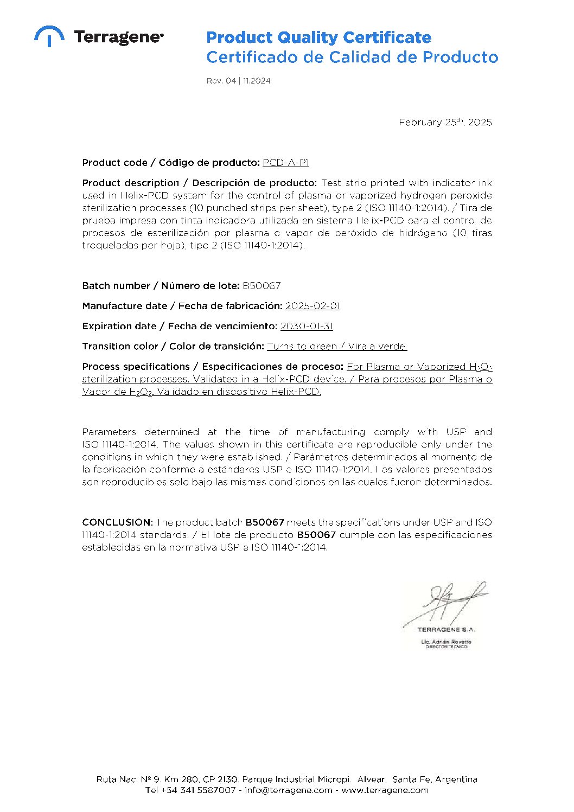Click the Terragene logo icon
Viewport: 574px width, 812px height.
coord(49,36)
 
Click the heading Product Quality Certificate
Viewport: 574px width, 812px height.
coord(318,37)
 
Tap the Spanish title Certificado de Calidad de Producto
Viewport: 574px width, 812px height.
coord(352,57)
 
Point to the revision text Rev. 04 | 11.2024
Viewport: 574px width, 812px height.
coord(238,81)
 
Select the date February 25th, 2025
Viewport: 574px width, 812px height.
coord(445,122)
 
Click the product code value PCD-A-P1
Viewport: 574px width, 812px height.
coord(286,163)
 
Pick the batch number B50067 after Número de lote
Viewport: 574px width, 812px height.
coord(262,286)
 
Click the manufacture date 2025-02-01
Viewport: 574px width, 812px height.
coord(312,306)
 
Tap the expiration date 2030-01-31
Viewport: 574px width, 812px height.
coord(307,326)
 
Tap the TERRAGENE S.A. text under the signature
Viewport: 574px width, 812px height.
coord(446,630)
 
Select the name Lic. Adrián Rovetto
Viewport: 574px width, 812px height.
coord(446,642)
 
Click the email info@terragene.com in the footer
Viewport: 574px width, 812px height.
coord(288,790)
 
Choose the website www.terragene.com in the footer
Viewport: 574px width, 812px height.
coord(385,790)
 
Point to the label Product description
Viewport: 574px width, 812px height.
coord(130,183)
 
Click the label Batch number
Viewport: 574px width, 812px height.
coord(116,286)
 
